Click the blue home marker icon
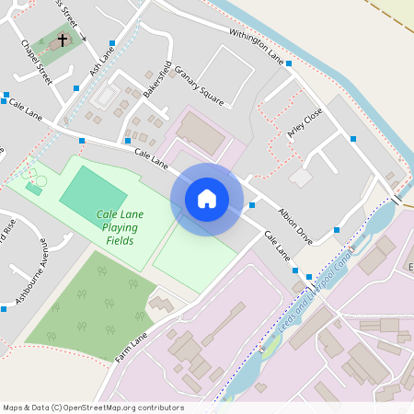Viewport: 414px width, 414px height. point(207,199)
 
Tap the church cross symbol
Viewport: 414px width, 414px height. point(63,40)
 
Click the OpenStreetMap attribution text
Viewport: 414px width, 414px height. point(93,408)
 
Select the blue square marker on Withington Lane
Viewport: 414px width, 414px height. point(289,63)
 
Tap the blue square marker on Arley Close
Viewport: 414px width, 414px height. point(353,139)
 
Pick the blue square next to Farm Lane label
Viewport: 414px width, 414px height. point(167,327)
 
